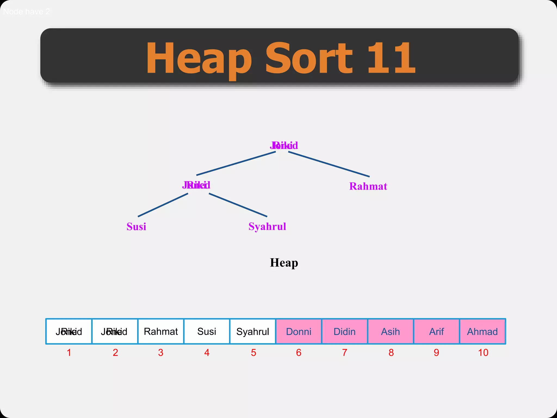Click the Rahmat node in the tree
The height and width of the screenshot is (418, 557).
[368, 186]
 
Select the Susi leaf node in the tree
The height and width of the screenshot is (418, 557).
[136, 227]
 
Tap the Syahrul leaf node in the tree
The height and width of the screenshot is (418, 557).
[267, 227]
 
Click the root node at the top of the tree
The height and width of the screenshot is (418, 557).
[284, 146]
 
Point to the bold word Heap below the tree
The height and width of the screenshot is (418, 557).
[284, 263]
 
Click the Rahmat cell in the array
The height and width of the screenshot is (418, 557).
[161, 331]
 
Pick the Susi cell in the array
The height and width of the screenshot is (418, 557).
[207, 331]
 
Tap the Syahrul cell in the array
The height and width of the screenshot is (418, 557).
[253, 331]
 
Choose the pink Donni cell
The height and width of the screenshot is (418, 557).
[299, 331]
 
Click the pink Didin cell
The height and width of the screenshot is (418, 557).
[345, 331]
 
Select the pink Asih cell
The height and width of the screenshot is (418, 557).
[391, 331]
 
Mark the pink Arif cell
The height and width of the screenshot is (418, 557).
[437, 331]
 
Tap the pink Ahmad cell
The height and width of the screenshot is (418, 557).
[482, 331]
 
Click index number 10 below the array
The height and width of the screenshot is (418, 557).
[483, 353]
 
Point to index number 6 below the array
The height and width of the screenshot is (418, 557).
[299, 353]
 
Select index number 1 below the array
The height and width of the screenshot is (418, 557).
[69, 353]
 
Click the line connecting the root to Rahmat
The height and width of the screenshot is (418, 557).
[329, 164]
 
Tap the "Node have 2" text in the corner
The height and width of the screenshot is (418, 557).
[26, 12]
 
